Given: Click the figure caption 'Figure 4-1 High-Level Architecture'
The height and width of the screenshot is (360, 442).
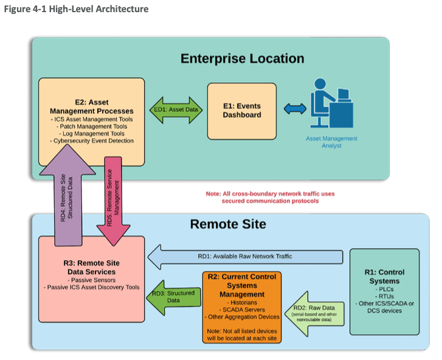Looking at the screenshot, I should click(76, 9).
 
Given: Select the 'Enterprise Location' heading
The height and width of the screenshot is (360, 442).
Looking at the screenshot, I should click(242, 58).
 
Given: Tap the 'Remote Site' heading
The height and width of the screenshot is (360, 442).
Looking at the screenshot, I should click(228, 224).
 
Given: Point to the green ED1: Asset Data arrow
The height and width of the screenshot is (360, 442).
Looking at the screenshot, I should click(176, 110).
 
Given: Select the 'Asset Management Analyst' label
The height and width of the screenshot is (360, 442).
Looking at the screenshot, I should click(331, 142).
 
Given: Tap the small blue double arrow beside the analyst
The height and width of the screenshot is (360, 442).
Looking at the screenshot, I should click(295, 109).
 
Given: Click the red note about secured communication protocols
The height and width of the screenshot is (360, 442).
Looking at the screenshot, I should click(270, 197).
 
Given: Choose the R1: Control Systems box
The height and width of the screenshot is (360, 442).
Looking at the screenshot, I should click(384, 291).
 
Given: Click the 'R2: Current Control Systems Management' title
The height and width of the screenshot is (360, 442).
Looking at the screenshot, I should click(241, 285).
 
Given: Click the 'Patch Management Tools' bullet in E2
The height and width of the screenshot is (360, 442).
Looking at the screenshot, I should click(92, 126).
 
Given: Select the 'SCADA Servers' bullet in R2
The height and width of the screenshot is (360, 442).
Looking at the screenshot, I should click(241, 309).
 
